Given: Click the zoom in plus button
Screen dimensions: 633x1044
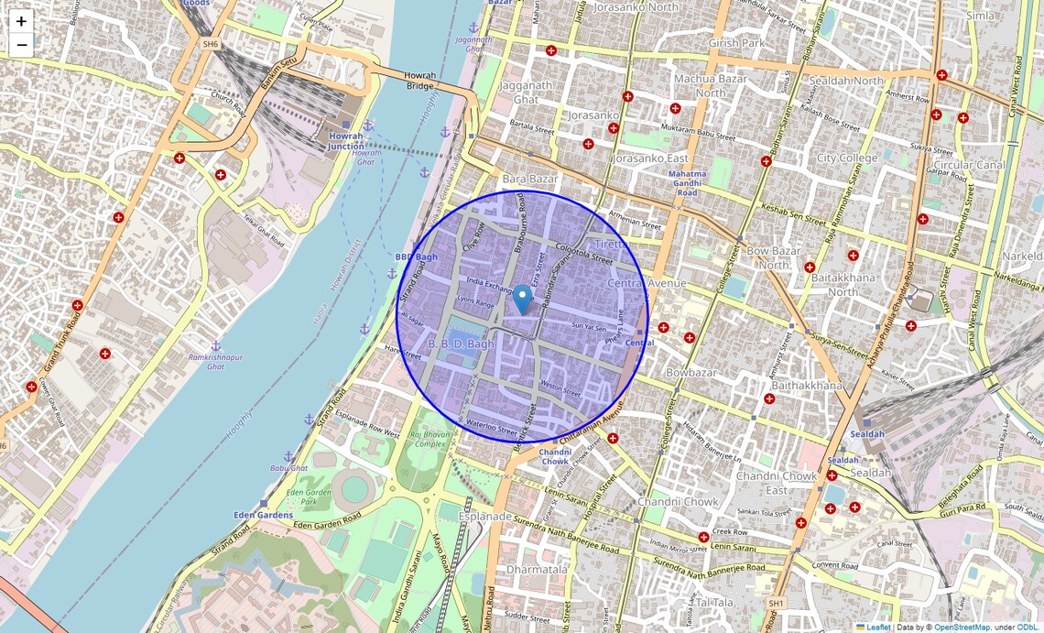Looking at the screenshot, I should click(x=21, y=21).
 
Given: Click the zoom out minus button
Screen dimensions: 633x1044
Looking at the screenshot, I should click(x=21, y=45).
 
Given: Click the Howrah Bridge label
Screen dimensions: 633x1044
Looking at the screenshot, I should click(x=420, y=80).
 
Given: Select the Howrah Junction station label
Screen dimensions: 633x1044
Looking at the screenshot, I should click(x=346, y=141).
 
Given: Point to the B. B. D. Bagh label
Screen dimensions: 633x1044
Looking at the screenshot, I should click(x=462, y=344).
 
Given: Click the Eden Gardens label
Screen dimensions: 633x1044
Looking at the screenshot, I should click(x=263, y=515).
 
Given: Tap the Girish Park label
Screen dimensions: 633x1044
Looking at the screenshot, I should click(x=736, y=43).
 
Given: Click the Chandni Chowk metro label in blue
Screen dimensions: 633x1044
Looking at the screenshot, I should click(x=555, y=456).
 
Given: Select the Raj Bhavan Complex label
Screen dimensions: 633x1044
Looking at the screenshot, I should click(x=429, y=439).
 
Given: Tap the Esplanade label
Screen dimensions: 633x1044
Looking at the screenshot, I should click(x=484, y=517).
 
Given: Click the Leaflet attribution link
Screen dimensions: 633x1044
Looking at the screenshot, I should click(x=877, y=628).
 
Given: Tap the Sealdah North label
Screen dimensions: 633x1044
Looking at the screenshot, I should click(x=843, y=81).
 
